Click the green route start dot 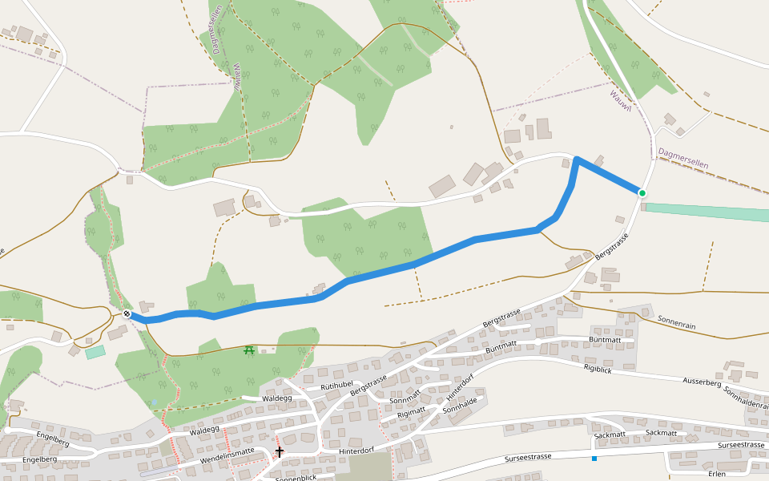(642, 193)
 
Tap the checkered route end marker (127, 313)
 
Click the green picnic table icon (249, 350)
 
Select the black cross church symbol (279, 452)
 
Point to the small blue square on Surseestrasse (594, 459)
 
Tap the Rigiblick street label (598, 369)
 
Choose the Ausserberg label (702, 382)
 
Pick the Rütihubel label (336, 386)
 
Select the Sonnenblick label (296, 477)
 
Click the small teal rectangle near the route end (95, 352)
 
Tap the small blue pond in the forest (154, 403)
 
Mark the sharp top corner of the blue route (576, 160)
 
